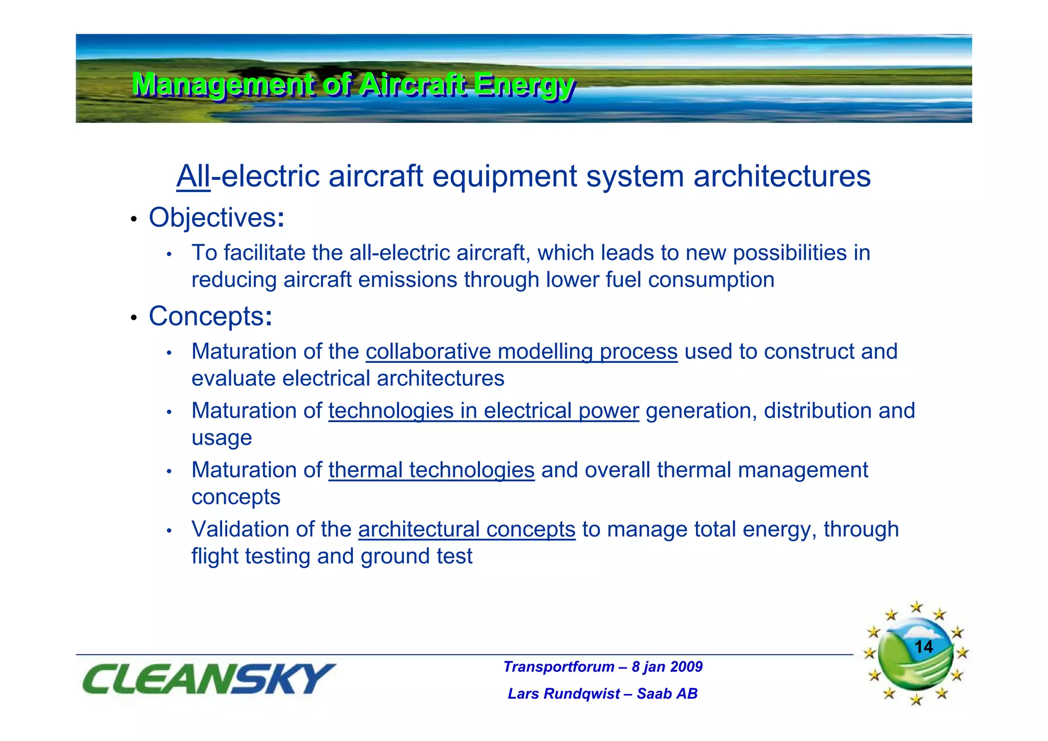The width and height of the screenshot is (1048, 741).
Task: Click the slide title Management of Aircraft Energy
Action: point(353,85)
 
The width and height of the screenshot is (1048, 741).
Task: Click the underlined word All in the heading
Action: point(193,177)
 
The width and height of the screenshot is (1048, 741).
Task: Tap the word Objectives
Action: point(212,217)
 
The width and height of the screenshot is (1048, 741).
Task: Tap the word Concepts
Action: point(206,316)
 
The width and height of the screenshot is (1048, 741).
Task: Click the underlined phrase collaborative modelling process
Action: point(521,352)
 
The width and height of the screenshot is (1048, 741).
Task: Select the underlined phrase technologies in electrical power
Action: point(484,411)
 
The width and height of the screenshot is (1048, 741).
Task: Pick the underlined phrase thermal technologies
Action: point(431,470)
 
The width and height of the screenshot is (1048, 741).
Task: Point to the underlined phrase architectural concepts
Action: point(467,530)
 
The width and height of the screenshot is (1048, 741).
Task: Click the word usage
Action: point(222,438)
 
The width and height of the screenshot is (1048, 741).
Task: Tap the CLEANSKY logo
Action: point(209,679)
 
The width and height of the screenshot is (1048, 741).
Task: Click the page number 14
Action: point(923,647)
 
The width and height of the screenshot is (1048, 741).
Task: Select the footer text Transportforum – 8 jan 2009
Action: point(603,667)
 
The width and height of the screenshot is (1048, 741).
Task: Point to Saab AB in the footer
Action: point(667,694)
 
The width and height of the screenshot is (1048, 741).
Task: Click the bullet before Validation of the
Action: point(169,531)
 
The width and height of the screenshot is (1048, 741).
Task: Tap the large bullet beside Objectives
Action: point(134,220)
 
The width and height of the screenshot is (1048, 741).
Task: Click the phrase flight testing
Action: point(251,557)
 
